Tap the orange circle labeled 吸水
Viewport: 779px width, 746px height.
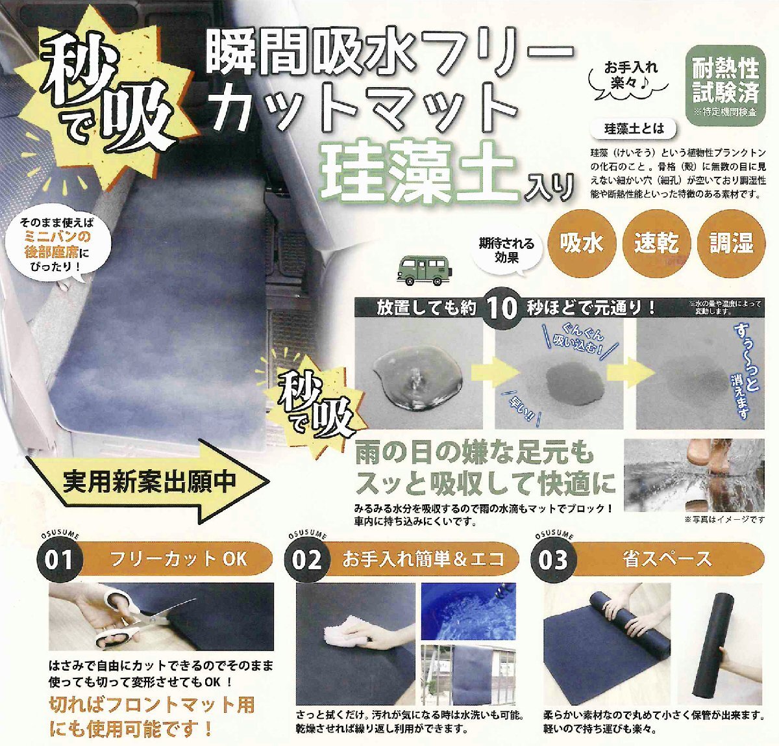[x=582, y=244]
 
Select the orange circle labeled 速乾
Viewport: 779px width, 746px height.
[x=656, y=244]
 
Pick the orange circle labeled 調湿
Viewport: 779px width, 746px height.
[x=731, y=244]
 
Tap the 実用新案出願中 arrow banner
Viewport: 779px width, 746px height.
[x=153, y=482]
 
